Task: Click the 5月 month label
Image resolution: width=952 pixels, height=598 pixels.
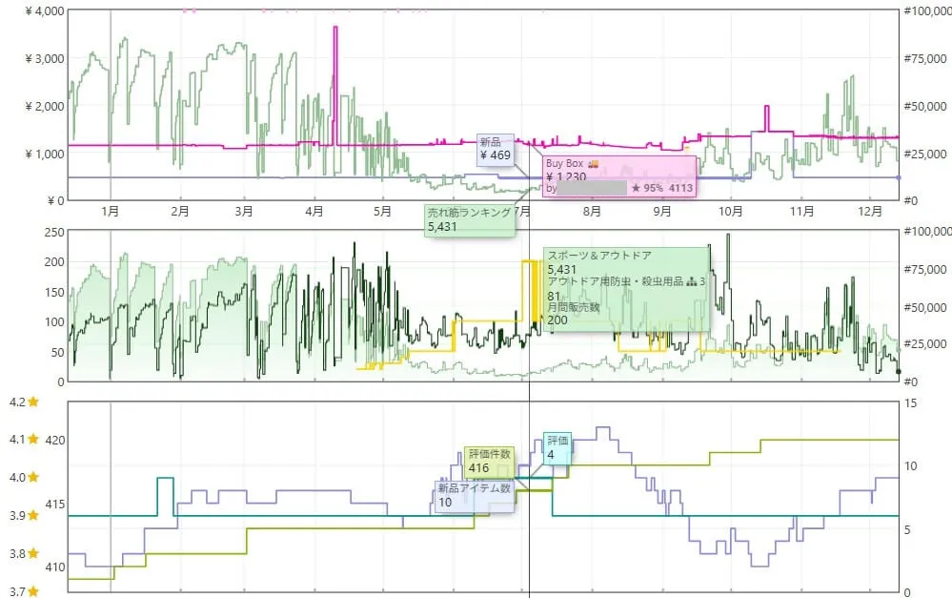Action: point(382,211)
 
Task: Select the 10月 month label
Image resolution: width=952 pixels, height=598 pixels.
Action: point(731,211)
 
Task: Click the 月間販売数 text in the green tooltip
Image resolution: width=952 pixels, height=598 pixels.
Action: point(574,307)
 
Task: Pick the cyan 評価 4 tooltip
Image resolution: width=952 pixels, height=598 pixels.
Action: point(557,447)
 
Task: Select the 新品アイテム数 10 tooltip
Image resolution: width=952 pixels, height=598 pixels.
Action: point(475,495)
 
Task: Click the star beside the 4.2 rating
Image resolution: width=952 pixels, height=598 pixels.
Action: point(32,402)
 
